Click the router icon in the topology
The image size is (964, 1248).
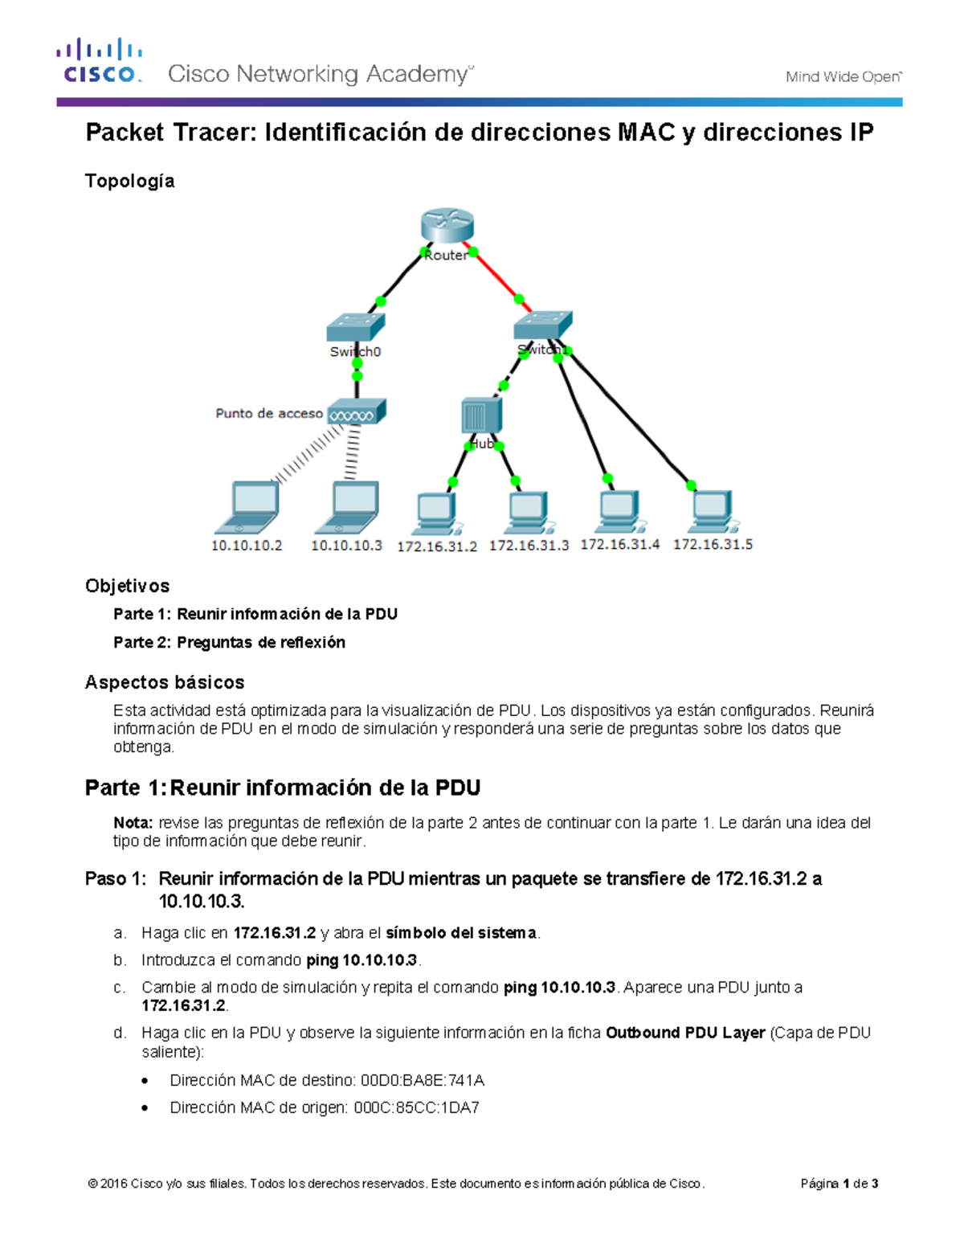[x=447, y=225]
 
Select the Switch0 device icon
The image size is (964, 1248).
[x=355, y=326]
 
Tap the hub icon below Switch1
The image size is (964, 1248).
[x=481, y=416]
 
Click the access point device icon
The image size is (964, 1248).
[x=357, y=413]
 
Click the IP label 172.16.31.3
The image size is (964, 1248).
[x=529, y=546]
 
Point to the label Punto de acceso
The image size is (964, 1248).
[x=269, y=414]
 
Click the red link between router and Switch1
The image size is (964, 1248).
[x=498, y=277]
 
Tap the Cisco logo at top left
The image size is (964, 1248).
[x=100, y=61]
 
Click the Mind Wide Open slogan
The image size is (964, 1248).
[x=843, y=77]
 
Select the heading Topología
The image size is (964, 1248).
[x=129, y=181]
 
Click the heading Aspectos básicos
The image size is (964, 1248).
[x=165, y=682]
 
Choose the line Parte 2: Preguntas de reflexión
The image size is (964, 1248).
[x=229, y=642]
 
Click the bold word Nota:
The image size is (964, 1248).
[x=133, y=823]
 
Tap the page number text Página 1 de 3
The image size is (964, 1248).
[x=839, y=1184]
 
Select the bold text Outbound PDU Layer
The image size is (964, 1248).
[x=684, y=1033]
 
